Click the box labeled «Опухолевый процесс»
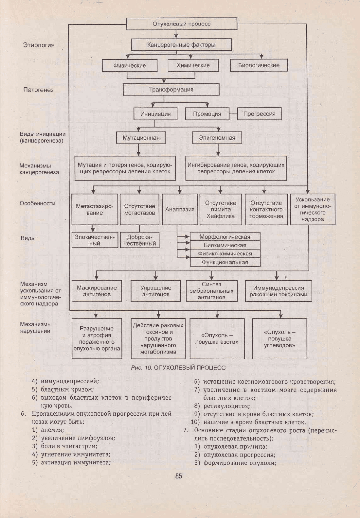(x=182, y=24)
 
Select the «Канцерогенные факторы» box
(x=181, y=44)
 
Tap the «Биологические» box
(x=259, y=65)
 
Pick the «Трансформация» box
(x=171, y=90)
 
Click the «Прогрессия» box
(x=259, y=113)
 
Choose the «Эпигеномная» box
(x=217, y=138)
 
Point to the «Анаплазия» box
(x=180, y=209)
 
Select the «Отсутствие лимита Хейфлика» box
(x=221, y=209)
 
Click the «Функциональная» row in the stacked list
(x=225, y=262)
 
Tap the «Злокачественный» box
(x=95, y=240)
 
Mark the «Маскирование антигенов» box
(x=97, y=291)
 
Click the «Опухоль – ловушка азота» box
(x=217, y=338)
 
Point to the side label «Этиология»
(x=39, y=45)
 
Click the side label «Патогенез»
(x=38, y=90)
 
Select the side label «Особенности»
(x=38, y=203)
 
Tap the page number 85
(x=179, y=476)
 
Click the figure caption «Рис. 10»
(x=141, y=368)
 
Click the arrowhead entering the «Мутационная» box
(x=138, y=129)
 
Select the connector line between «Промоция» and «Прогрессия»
(x=233, y=114)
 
